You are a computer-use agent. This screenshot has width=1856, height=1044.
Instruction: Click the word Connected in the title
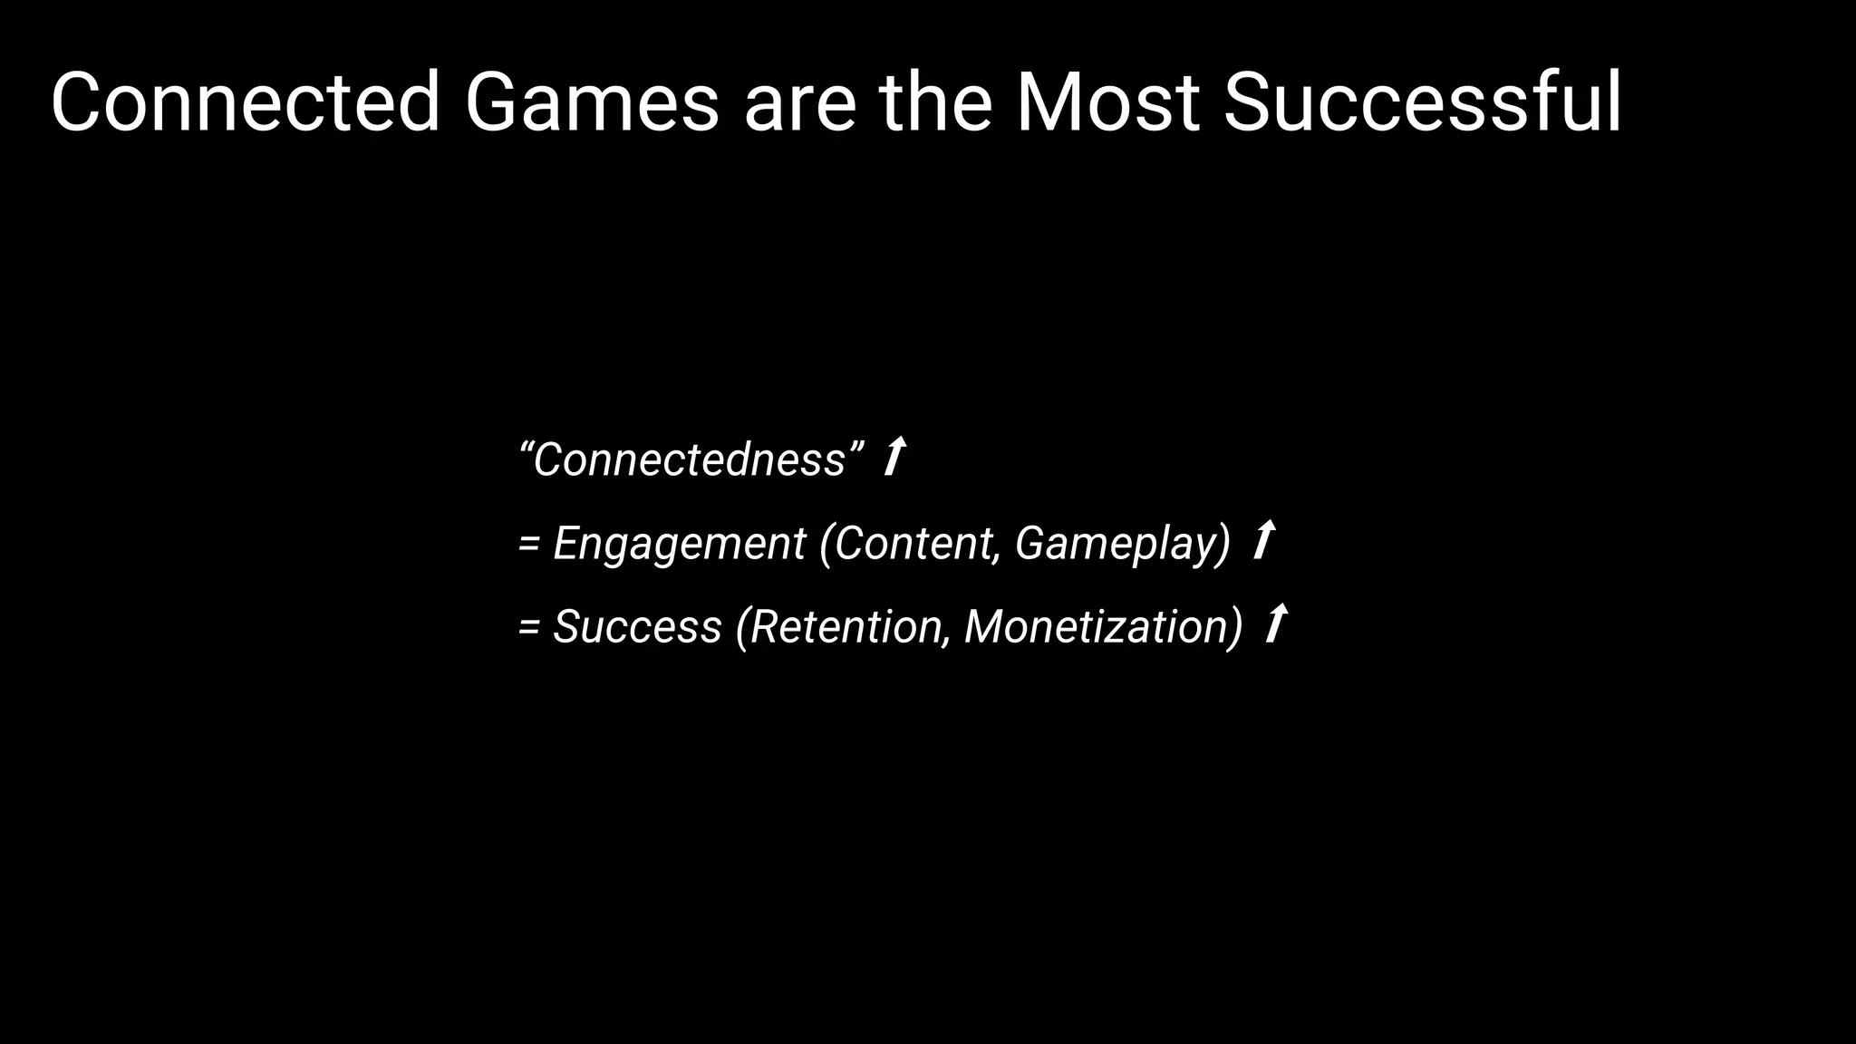[245, 102]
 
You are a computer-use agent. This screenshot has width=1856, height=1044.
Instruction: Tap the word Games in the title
[591, 102]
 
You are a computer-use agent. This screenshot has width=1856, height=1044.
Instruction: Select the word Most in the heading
[1107, 102]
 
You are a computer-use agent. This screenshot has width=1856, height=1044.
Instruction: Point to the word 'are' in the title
[799, 107]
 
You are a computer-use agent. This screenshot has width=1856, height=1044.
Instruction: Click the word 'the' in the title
[935, 102]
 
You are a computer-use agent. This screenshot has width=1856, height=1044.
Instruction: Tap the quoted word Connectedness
[689, 459]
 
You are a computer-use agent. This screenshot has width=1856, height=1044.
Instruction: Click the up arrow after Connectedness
[894, 456]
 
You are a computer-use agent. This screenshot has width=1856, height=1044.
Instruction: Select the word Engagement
[679, 544]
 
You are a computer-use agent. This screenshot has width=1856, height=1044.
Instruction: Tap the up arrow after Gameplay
[1263, 540]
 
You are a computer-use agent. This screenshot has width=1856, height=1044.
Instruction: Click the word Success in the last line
[637, 626]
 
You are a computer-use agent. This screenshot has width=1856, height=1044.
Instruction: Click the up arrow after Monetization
[1276, 623]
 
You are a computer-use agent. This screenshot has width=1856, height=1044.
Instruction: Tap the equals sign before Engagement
[528, 545]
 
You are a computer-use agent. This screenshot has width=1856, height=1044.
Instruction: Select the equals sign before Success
[528, 628]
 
